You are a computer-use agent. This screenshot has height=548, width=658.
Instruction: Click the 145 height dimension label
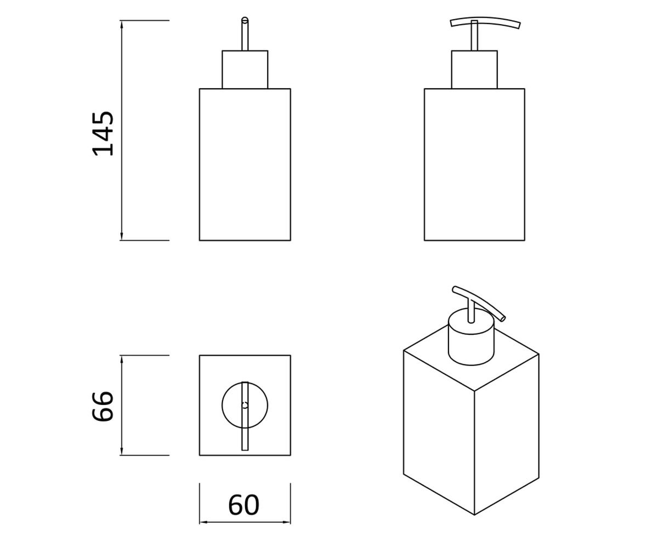(103, 134)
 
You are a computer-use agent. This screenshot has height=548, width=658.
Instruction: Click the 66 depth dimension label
(103, 406)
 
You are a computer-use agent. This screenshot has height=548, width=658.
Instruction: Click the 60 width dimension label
(243, 505)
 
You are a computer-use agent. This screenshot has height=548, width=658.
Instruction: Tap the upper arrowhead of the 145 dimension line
(122, 25)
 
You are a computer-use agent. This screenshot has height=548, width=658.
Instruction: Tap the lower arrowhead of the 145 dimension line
(122, 236)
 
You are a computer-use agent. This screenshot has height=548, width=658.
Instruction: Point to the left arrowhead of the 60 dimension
(203, 522)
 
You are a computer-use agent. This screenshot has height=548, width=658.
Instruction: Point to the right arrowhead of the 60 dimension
(286, 522)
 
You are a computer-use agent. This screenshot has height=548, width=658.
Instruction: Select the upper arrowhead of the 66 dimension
(122, 359)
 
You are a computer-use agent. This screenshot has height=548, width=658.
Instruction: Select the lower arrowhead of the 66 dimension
(122, 450)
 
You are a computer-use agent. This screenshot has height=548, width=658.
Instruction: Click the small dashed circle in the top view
(245, 406)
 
